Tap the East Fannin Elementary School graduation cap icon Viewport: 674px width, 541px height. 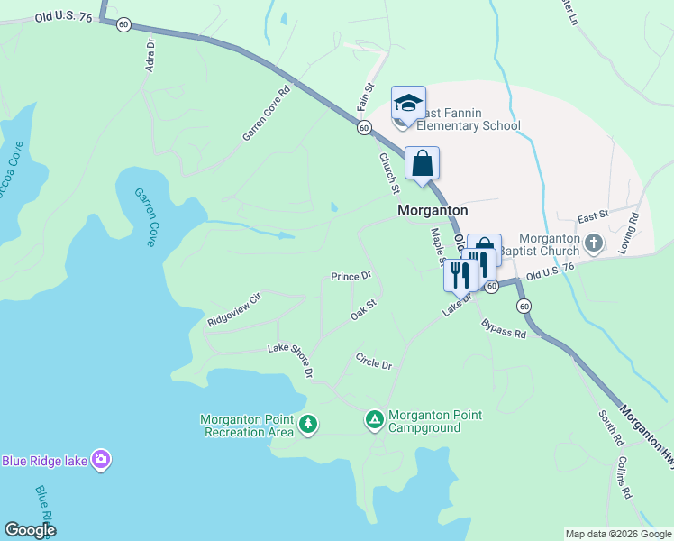click(x=408, y=102)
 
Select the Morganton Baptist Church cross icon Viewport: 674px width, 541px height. click(x=594, y=243)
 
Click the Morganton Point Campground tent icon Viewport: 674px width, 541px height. click(x=375, y=419)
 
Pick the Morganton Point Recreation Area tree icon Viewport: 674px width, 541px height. click(x=309, y=424)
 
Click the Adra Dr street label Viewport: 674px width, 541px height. click(x=150, y=55)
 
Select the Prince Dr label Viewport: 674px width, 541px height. click(x=351, y=276)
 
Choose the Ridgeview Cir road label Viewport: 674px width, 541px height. click(x=233, y=308)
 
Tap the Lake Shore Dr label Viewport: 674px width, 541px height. click(x=291, y=360)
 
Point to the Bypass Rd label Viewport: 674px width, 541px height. click(x=503, y=328)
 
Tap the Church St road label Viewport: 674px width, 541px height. click(x=388, y=172)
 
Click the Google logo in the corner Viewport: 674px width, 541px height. click(x=30, y=530)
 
